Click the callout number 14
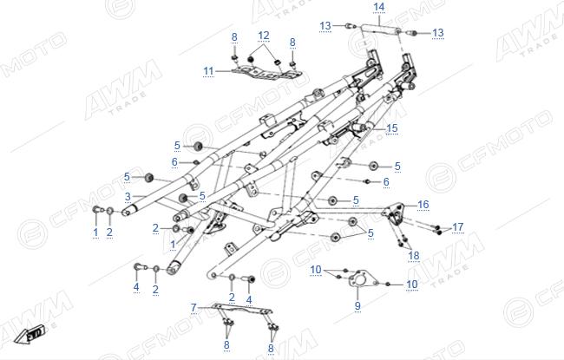tap(379, 7)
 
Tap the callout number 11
tap(208, 71)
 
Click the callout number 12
tap(264, 36)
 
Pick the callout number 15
tap(392, 128)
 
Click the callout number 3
tap(128, 197)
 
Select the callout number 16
tap(423, 204)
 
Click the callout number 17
tap(458, 227)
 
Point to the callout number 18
tap(414, 255)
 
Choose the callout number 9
tap(357, 305)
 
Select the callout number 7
tap(193, 307)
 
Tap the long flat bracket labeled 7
tap(242, 309)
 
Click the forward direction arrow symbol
tap(30, 334)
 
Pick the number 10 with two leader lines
tap(316, 270)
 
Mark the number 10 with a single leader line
tap(412, 285)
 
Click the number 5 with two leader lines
tap(371, 233)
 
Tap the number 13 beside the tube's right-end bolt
tap(437, 33)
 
